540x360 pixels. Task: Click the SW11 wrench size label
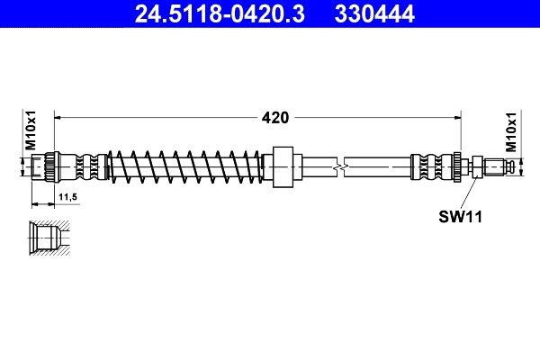pyautogui.click(x=456, y=216)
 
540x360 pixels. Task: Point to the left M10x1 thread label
pyautogui.click(x=30, y=131)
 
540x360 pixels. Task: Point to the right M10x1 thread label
pyautogui.click(x=511, y=131)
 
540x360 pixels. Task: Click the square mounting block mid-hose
pyautogui.click(x=284, y=166)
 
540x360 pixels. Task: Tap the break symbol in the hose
pyautogui.click(x=338, y=166)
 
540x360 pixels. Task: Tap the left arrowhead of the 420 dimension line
pyautogui.click(x=60, y=116)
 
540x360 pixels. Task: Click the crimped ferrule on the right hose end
pyautogui.click(x=432, y=166)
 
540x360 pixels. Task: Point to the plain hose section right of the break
pyautogui.click(x=378, y=166)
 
